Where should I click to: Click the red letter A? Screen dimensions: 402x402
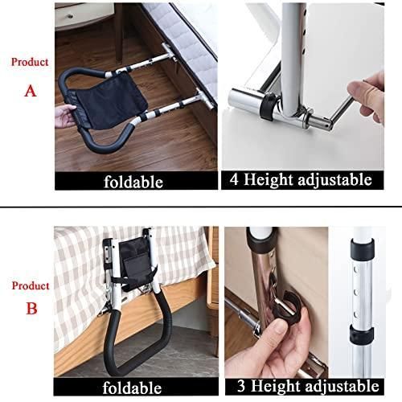[31, 91]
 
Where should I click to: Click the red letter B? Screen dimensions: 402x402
[31, 308]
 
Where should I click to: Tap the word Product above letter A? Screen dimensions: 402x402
[30, 62]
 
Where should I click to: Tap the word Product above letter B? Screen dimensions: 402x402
[31, 285]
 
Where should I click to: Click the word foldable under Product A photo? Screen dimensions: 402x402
[133, 182]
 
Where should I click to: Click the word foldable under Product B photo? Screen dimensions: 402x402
[132, 388]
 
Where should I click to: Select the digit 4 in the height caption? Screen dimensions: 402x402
[234, 179]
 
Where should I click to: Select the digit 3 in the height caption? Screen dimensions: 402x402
[241, 386]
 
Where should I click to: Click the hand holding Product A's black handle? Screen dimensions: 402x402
[65, 116]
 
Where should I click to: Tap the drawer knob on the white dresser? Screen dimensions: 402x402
[70, 16]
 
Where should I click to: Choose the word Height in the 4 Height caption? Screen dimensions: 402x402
[269, 179]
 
